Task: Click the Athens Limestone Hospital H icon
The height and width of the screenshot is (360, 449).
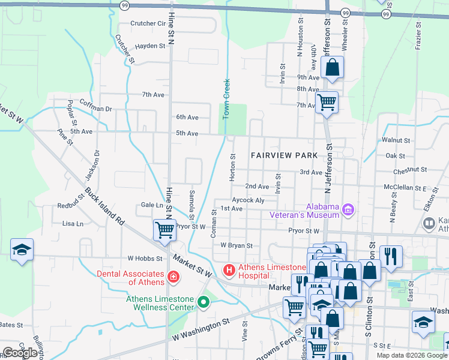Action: point(229,271)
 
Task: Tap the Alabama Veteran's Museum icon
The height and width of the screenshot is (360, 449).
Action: point(348,209)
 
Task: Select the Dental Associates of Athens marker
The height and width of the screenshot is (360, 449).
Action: point(173,277)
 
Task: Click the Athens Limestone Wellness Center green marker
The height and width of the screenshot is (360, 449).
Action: point(203,303)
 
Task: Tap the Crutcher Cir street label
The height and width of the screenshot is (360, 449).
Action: point(148,24)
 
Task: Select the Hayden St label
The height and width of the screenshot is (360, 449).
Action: point(150,46)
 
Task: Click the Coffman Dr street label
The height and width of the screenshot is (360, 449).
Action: point(96,109)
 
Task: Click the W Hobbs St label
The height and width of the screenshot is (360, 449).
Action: point(145,259)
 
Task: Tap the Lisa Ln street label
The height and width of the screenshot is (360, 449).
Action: point(73,224)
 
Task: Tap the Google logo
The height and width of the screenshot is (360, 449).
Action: point(20,353)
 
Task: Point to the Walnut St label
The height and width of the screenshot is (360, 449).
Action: point(400,140)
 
